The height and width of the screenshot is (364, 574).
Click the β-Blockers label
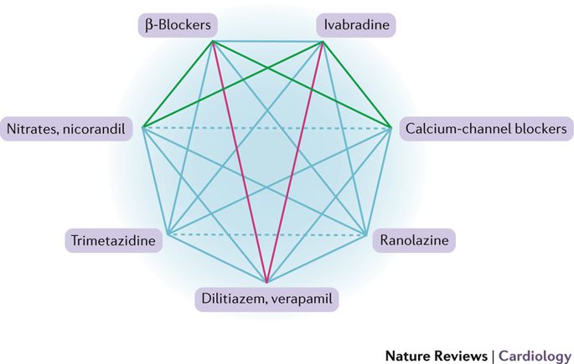(x=178, y=25)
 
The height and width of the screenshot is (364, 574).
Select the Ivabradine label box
(x=355, y=25)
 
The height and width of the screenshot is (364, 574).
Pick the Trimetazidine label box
(x=111, y=243)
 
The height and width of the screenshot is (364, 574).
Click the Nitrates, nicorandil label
(x=68, y=129)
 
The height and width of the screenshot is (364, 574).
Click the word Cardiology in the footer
(x=533, y=355)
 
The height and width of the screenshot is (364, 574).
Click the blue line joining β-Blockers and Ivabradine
(x=266, y=39)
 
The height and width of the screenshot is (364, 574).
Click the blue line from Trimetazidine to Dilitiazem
(x=216, y=258)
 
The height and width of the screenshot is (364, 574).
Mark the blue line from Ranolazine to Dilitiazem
(x=317, y=258)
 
